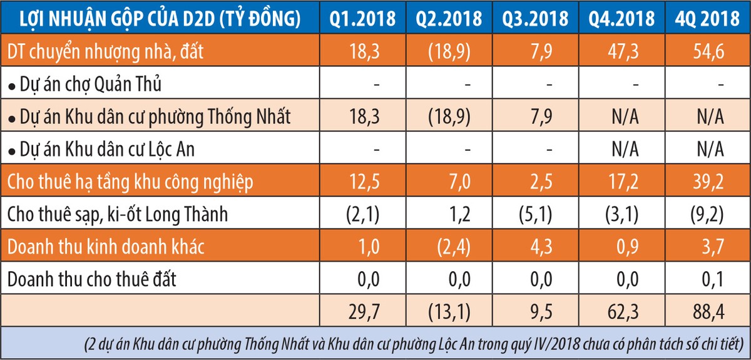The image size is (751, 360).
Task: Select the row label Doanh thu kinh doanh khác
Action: (x=106, y=247)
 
